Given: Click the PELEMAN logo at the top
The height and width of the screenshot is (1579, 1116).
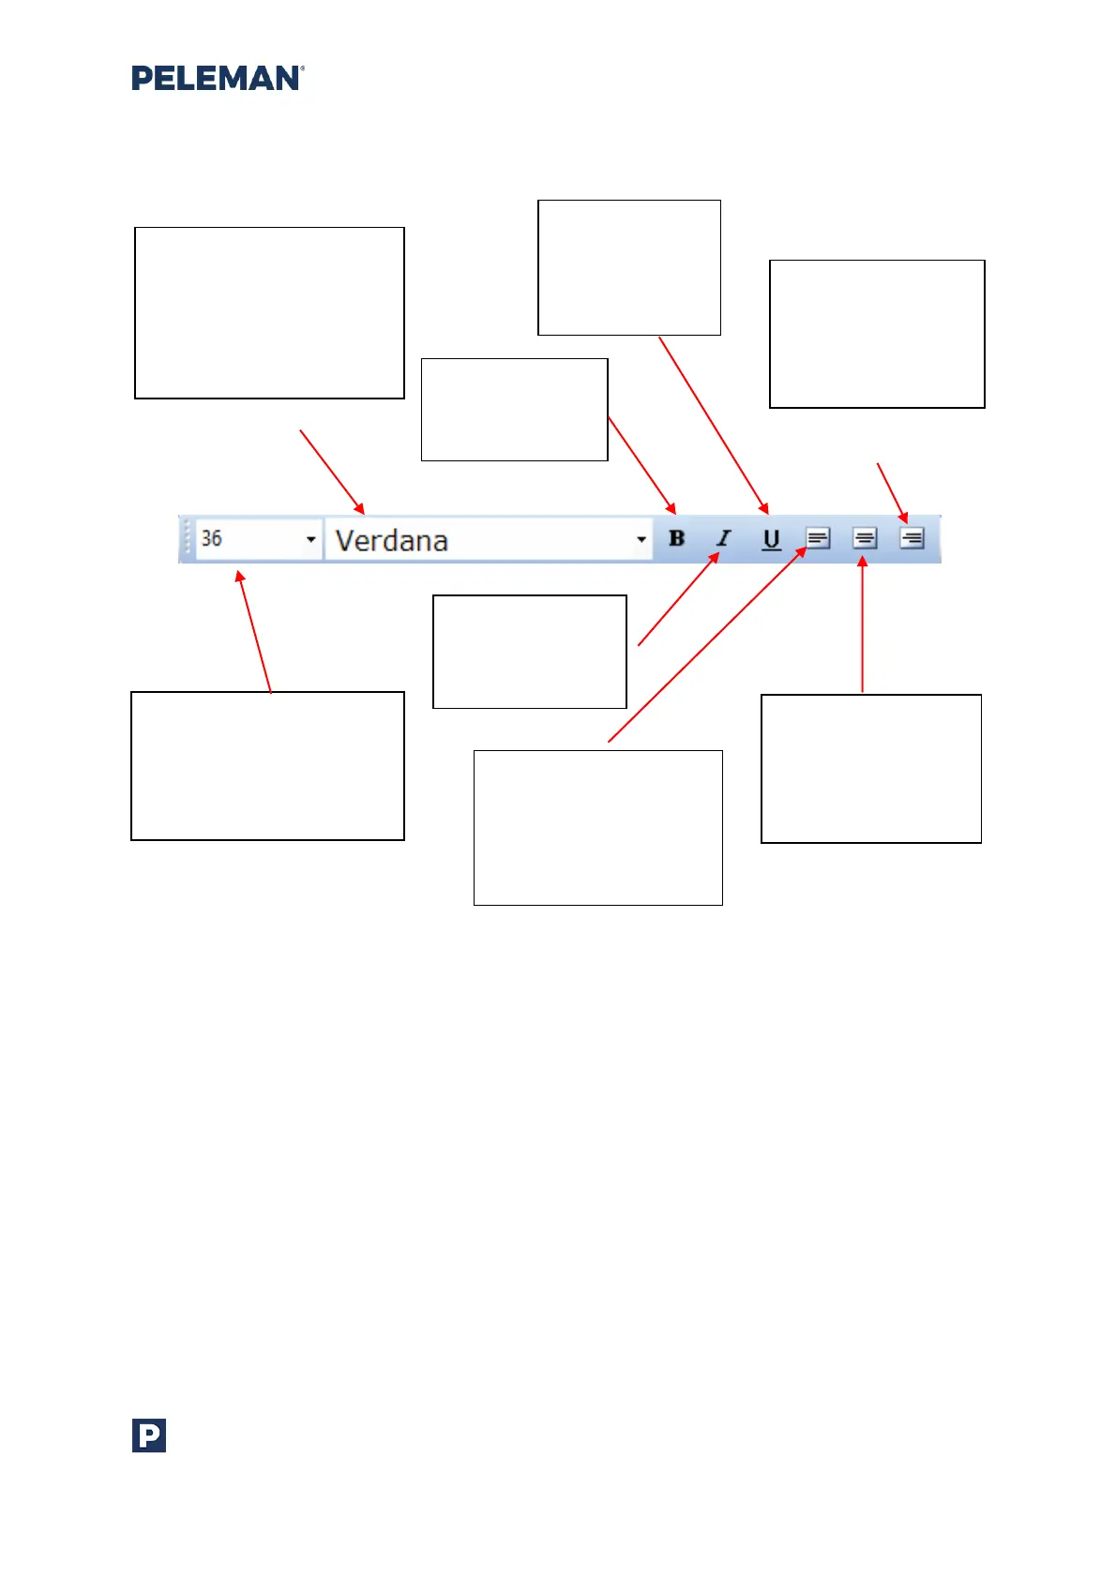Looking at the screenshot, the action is pyautogui.click(x=218, y=78).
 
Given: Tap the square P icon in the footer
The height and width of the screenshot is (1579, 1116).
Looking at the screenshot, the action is pyautogui.click(x=149, y=1436).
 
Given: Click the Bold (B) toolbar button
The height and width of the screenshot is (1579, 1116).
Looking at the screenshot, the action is pyautogui.click(x=677, y=538).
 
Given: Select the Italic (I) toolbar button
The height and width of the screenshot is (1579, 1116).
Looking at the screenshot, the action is pyautogui.click(x=724, y=538).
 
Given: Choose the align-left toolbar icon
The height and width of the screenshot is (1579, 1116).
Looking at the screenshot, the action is pyautogui.click(x=818, y=538).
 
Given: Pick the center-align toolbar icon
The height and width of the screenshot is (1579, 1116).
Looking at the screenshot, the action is pyautogui.click(x=865, y=538).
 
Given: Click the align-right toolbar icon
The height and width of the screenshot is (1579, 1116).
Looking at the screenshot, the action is pyautogui.click(x=912, y=538).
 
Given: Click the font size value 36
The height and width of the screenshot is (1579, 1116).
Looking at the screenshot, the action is pyautogui.click(x=212, y=538).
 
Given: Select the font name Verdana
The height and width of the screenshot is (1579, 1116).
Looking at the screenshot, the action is pyautogui.click(x=392, y=540).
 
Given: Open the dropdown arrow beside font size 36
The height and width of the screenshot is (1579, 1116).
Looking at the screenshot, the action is pyautogui.click(x=311, y=539).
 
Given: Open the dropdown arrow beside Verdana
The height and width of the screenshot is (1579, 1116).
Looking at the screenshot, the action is pyautogui.click(x=641, y=539).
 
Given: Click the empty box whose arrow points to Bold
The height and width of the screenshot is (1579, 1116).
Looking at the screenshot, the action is pyautogui.click(x=514, y=409).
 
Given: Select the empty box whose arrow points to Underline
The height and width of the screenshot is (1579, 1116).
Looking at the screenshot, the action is pyautogui.click(x=628, y=267).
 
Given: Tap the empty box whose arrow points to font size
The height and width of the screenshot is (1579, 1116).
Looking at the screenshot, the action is pyautogui.click(x=267, y=765).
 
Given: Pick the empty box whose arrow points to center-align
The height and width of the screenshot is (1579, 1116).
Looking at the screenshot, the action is pyautogui.click(x=870, y=768).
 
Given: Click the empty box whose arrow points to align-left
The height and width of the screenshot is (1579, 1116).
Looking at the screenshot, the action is pyautogui.click(x=597, y=827).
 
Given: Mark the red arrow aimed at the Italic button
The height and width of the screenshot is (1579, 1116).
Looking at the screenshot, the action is pyautogui.click(x=678, y=599).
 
